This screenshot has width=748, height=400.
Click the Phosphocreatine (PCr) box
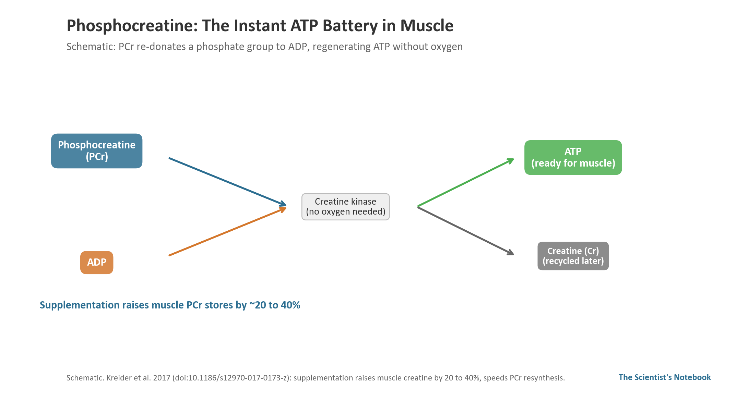click(x=97, y=151)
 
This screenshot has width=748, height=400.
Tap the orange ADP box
click(x=97, y=263)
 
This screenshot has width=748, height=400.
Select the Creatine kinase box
click(x=346, y=207)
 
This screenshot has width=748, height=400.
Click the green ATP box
click(x=573, y=157)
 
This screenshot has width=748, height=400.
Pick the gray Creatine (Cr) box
click(x=573, y=256)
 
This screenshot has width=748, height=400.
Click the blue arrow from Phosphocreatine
click(x=228, y=182)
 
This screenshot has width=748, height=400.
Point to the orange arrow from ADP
click(x=228, y=231)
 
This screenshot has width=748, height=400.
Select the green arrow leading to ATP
click(x=466, y=182)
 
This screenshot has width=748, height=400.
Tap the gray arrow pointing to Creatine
click(x=466, y=231)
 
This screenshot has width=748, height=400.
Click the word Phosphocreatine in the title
click(x=132, y=26)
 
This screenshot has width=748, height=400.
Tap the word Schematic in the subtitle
click(x=91, y=47)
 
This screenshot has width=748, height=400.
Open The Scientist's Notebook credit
click(x=665, y=377)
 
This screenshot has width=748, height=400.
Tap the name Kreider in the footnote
click(x=119, y=378)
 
